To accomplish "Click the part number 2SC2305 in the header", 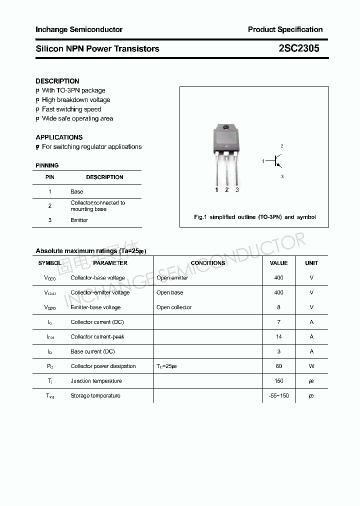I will click(299, 48).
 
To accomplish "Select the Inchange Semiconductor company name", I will click(79, 29).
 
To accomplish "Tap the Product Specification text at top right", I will click(285, 29).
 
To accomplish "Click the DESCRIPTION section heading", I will click(57, 81).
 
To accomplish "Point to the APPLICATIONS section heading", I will click(59, 137).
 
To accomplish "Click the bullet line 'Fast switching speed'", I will click(71, 109).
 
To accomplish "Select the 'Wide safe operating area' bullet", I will click(77, 118).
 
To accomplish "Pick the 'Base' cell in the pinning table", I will click(77, 191).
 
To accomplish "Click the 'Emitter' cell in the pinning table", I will click(79, 220).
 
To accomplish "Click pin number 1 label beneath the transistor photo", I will click(216, 190).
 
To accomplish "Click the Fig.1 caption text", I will click(254, 217).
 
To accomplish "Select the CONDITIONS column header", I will click(208, 263).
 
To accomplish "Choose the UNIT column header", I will click(311, 263).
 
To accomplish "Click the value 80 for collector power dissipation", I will click(278, 366).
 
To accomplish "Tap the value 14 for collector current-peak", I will click(278, 336).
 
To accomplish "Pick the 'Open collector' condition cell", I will click(174, 307).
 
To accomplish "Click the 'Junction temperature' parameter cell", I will click(96, 381).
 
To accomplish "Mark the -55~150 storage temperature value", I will click(278, 395).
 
